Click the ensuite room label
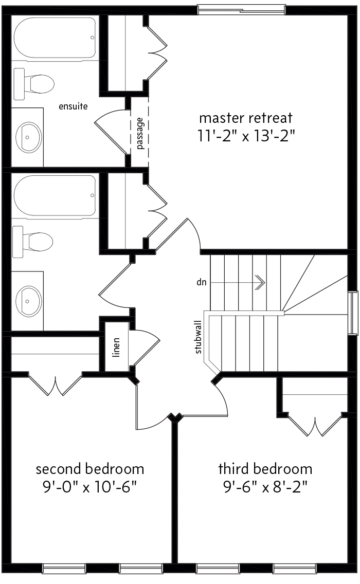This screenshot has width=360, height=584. tap(73, 106)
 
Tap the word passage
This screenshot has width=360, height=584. tap(140, 133)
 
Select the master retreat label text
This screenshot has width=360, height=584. tap(246, 118)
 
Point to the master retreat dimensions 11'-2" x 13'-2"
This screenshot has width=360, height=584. tap(246, 136)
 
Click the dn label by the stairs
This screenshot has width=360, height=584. tap(201, 282)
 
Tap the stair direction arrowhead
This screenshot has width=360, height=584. tap(260, 282)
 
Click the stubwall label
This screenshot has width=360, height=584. tap(198, 337)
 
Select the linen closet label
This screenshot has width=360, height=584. tap(116, 348)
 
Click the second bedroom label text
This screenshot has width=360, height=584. tap(90, 469)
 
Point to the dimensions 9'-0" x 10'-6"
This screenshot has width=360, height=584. tap(90, 487)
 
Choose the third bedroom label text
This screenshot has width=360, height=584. tap(265, 469)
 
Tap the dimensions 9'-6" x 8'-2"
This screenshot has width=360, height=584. tap(265, 487)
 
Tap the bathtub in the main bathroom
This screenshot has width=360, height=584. tap(55, 195)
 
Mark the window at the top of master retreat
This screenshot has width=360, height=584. tap(242, 9)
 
